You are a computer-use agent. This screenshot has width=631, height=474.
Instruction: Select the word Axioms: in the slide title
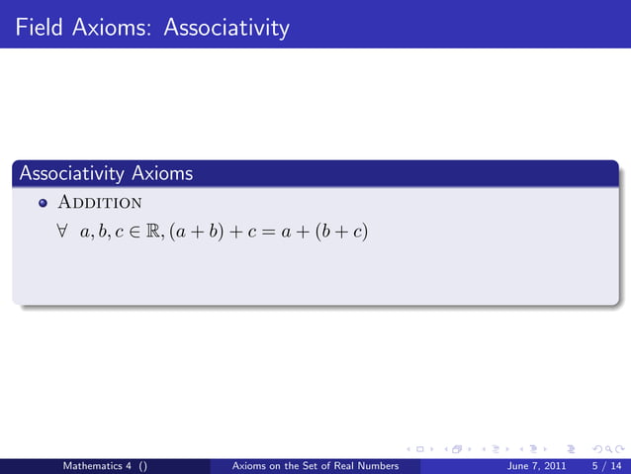coord(110,27)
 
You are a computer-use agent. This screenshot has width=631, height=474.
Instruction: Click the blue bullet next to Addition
coord(43,204)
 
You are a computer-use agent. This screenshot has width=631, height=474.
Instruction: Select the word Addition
coord(100,204)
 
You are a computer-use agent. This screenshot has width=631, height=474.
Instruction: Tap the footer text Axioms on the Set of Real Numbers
coord(314,464)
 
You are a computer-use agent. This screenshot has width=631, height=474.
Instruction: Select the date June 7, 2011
coord(537,464)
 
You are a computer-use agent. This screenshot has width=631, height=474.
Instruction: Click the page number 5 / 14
coord(604,464)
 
